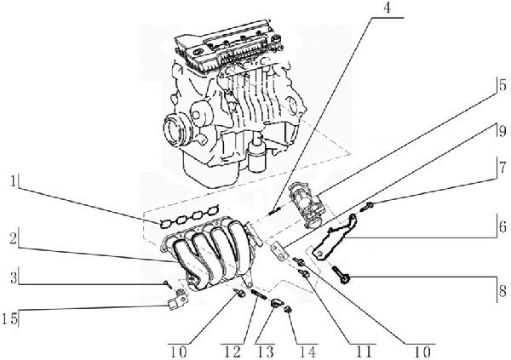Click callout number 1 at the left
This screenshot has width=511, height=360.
coord(13,182)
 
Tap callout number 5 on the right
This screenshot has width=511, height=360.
coord(502,85)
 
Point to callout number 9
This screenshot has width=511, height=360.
coord(502,131)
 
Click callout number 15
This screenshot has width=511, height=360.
coord(10,318)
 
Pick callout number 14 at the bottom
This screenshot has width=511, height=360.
coord(307,352)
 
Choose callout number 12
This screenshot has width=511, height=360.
coord(233,352)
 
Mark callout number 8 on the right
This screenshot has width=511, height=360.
coord(502,291)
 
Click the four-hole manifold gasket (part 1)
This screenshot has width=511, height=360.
coord(190,219)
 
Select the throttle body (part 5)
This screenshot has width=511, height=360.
coord(306,204)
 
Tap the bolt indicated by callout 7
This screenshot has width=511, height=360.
coord(367,206)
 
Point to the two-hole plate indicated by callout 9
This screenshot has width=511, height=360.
coord(278,251)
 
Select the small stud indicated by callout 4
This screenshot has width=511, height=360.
coord(274,212)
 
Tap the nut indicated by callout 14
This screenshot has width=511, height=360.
coord(288,310)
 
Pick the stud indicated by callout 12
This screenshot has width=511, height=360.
coord(259,294)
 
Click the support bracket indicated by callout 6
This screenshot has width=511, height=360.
coord(334,237)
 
